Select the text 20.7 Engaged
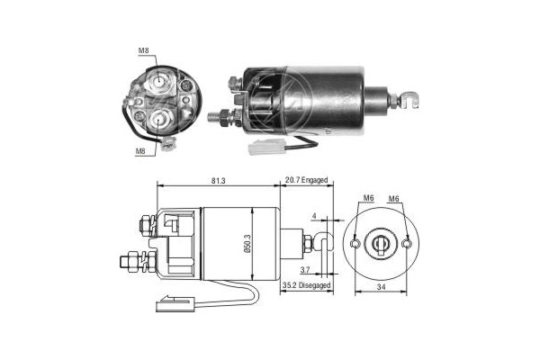click(306, 181)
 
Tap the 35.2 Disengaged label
click(306, 285)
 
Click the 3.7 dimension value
click(304, 269)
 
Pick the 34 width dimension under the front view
click(383, 287)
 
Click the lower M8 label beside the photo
click(141, 152)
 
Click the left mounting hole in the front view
click(357, 242)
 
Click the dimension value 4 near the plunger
click(314, 216)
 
